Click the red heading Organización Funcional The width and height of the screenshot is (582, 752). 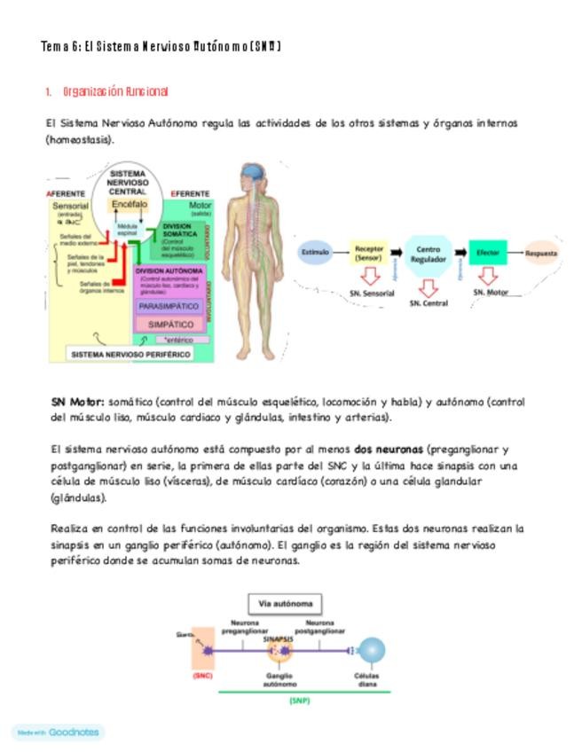point(115,91)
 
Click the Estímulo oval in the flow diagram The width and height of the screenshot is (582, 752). point(315,253)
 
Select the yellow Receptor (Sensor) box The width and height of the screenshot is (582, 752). point(369,253)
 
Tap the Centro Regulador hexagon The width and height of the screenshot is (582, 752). point(428,254)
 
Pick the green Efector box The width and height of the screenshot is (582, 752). point(487,253)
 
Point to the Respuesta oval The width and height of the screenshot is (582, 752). point(541,253)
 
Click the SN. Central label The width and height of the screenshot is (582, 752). point(429,303)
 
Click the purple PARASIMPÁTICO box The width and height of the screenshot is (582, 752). point(169,306)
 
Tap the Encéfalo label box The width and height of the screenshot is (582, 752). point(130,204)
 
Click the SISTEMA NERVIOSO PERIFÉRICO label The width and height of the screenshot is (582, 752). point(131,354)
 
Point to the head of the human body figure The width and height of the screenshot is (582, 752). point(254,175)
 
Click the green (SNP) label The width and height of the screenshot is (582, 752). point(299,701)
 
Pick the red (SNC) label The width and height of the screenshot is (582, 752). point(202,675)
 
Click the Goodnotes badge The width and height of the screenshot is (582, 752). point(59,732)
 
